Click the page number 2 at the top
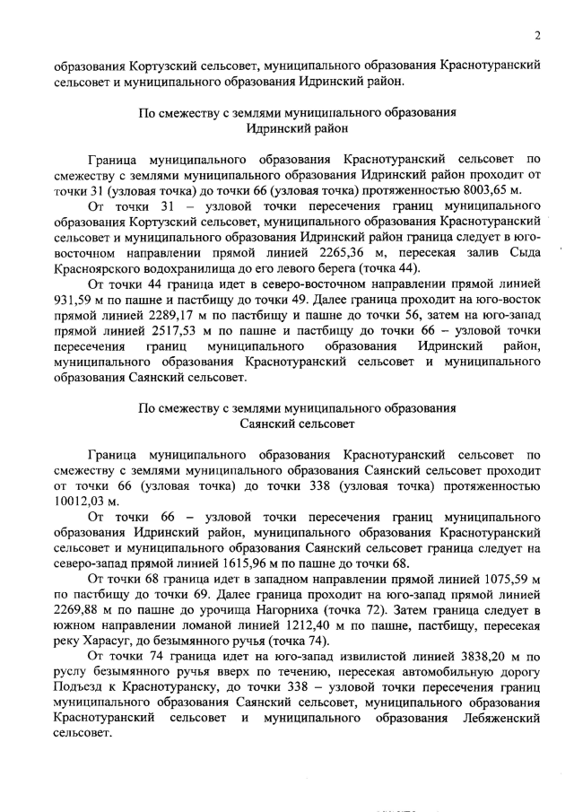tap(535, 35)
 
